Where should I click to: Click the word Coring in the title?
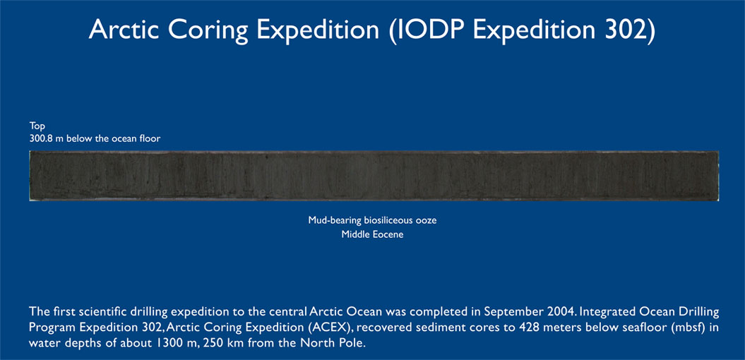click(x=208, y=30)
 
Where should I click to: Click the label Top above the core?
click(x=37, y=126)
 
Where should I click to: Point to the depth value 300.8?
click(x=41, y=138)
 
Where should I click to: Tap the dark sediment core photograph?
click(x=374, y=176)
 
